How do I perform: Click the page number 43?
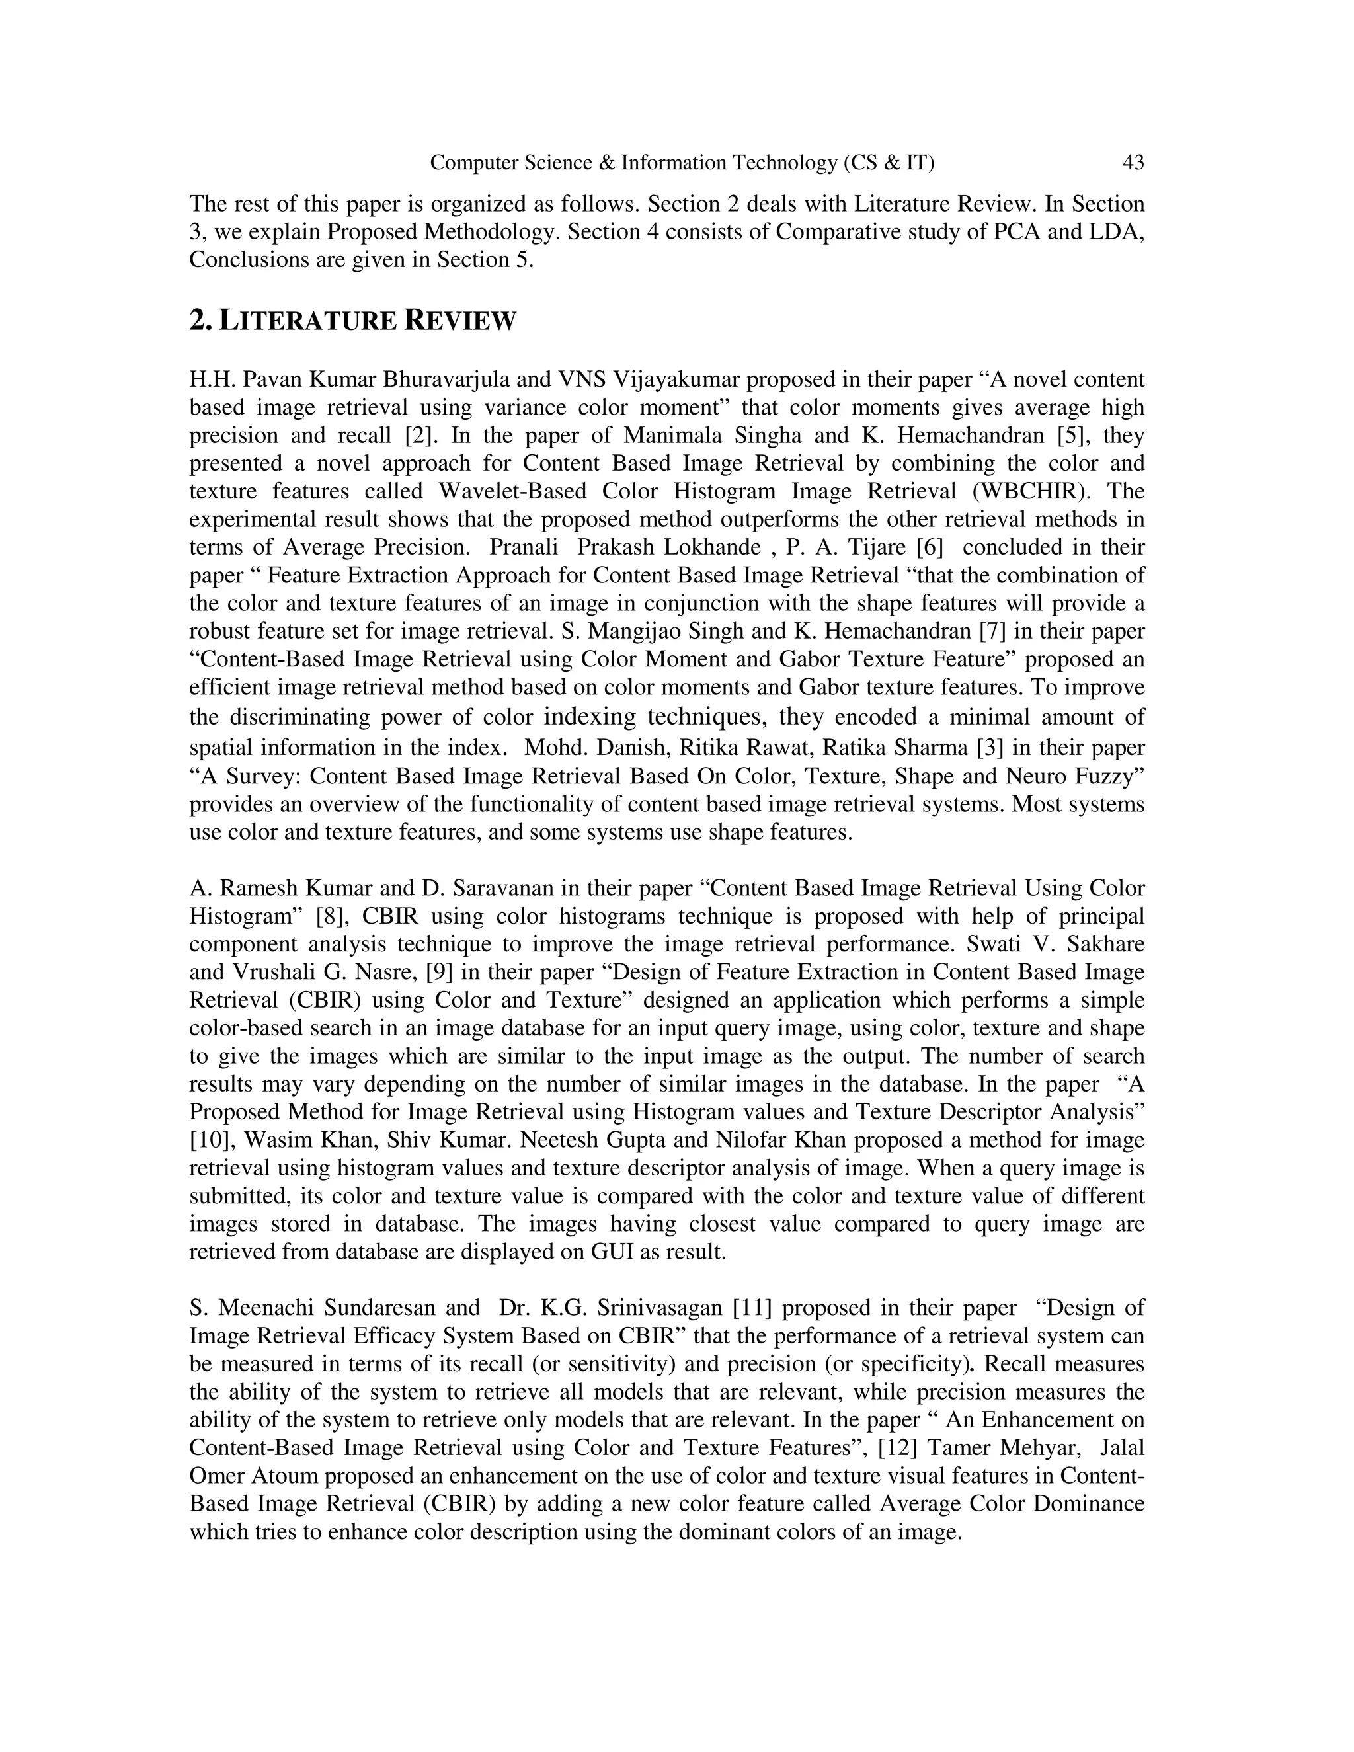point(1133,163)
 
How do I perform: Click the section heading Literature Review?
point(353,321)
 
